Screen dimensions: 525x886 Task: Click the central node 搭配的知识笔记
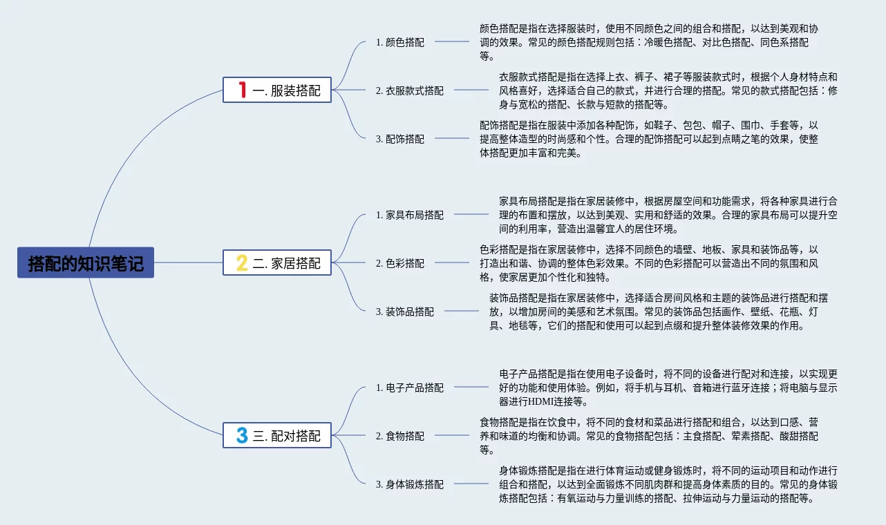click(x=86, y=262)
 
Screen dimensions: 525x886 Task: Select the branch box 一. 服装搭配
click(x=277, y=90)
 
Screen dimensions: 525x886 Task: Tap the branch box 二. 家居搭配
click(x=277, y=262)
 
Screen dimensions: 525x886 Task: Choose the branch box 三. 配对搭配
click(x=277, y=435)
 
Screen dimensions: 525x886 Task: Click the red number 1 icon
click(x=242, y=90)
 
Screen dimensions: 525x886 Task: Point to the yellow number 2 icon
click(x=242, y=262)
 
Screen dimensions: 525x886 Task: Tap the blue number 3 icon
click(x=242, y=435)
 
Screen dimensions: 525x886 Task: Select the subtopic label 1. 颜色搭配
click(x=400, y=42)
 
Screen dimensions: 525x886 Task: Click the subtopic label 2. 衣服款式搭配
click(x=410, y=90)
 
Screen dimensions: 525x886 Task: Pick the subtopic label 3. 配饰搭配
click(x=400, y=139)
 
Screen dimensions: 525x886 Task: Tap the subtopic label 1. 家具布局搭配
click(x=410, y=215)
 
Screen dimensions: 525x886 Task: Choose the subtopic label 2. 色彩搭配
click(x=400, y=263)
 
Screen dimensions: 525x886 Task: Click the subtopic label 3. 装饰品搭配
click(x=405, y=312)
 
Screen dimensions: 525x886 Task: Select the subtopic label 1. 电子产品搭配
click(x=410, y=388)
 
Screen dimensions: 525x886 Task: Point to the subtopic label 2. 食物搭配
click(x=400, y=436)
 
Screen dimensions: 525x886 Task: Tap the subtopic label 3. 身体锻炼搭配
click(x=410, y=484)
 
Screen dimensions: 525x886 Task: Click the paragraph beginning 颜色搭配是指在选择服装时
click(x=649, y=42)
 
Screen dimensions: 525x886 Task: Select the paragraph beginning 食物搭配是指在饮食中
click(x=649, y=436)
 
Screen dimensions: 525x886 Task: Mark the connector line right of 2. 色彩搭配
click(x=451, y=262)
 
